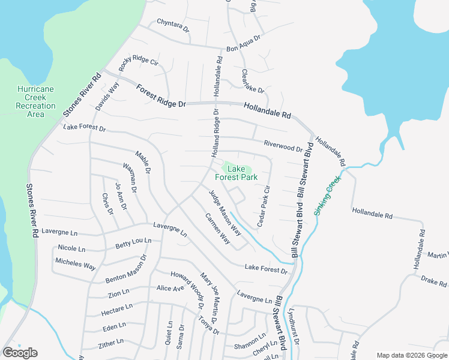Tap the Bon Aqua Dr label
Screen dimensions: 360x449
(x=243, y=43)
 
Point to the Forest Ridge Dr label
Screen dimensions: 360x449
(x=161, y=97)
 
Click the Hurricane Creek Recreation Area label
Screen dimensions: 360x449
(x=35, y=101)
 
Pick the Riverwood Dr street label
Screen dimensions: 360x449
(x=283, y=145)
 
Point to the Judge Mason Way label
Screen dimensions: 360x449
(x=224, y=212)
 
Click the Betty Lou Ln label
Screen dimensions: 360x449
(x=133, y=244)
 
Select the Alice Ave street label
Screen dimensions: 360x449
(x=170, y=288)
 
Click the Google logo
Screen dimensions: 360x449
(x=20, y=353)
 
